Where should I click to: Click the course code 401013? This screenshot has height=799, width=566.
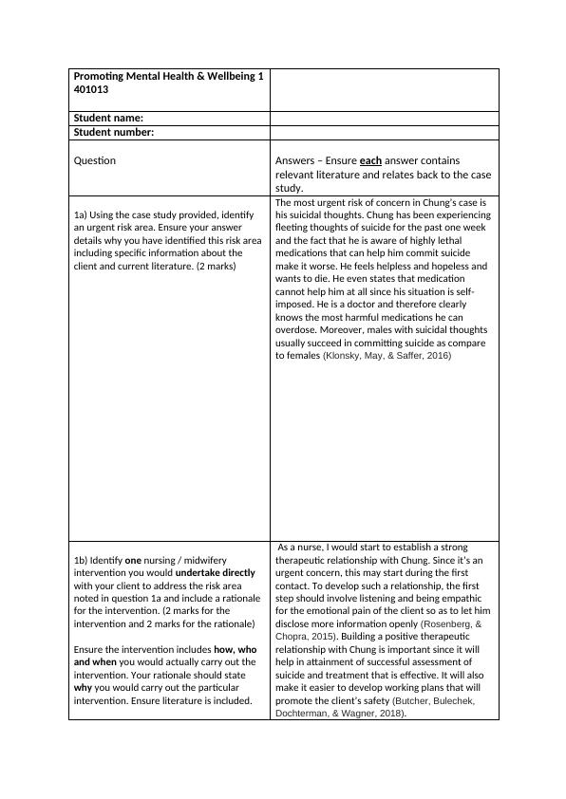(x=90, y=90)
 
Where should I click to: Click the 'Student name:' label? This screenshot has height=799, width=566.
(x=108, y=118)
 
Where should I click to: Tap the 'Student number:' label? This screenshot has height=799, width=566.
(x=114, y=132)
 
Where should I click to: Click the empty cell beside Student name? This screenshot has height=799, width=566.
(x=385, y=118)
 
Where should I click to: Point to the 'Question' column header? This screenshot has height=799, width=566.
(x=95, y=160)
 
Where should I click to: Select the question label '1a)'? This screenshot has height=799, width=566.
(x=82, y=216)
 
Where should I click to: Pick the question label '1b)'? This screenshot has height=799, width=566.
(x=82, y=561)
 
